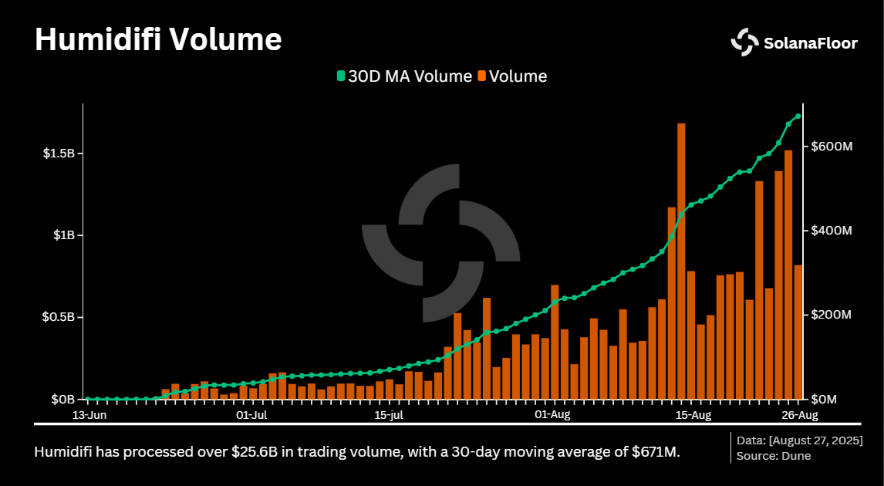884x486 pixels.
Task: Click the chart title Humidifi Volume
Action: tap(158, 40)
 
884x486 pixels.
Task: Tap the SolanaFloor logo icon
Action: tap(745, 42)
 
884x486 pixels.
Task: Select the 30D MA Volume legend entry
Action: tap(404, 76)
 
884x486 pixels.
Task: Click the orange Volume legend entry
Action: tap(512, 76)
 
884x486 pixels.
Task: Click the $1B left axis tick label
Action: tap(63, 235)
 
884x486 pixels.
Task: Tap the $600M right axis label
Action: tap(831, 147)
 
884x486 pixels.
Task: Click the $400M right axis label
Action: tap(831, 231)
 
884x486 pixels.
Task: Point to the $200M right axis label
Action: tap(831, 315)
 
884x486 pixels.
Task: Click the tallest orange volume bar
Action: tap(681, 262)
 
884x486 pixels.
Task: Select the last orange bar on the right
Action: tap(798, 332)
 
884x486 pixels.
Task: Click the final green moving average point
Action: tap(798, 116)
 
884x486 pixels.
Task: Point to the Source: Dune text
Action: tap(774, 456)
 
